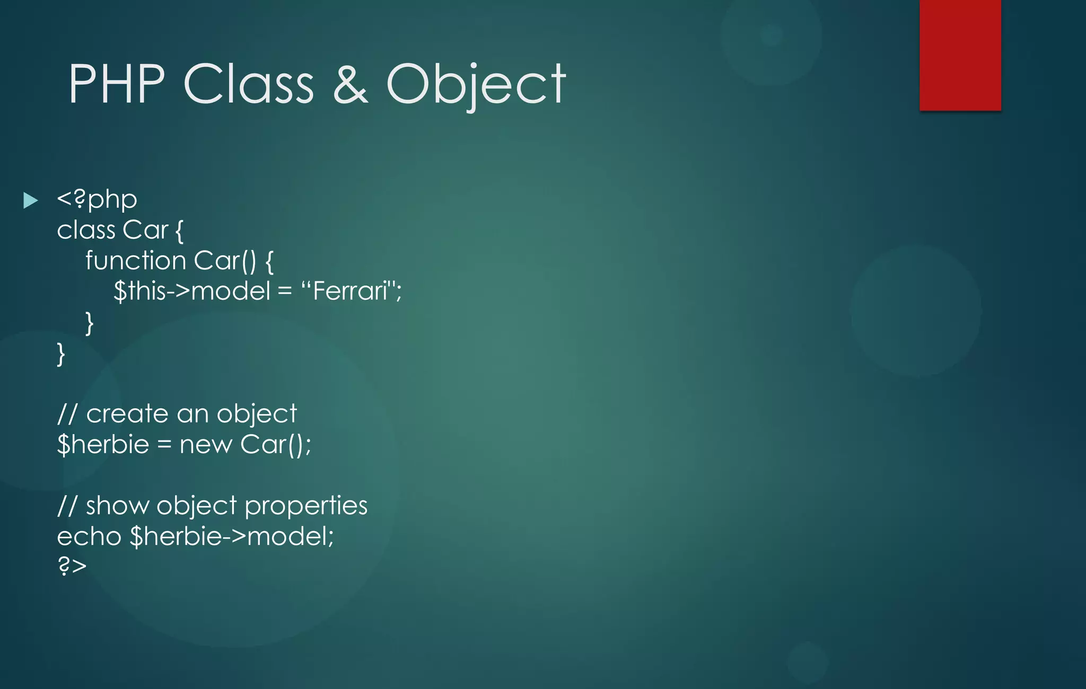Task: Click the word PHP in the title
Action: [117, 84]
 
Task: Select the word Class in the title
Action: [249, 84]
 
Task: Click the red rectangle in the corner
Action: [960, 55]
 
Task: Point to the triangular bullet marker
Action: [31, 200]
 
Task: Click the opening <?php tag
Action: [97, 200]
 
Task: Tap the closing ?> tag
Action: [72, 566]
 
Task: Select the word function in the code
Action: [136, 261]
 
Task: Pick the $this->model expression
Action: [192, 291]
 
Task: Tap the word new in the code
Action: [206, 444]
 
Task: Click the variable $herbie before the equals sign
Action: [103, 444]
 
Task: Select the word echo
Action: [89, 536]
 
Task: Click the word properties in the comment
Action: [306, 506]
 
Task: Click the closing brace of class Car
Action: [61, 354]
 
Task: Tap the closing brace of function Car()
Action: [89, 323]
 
